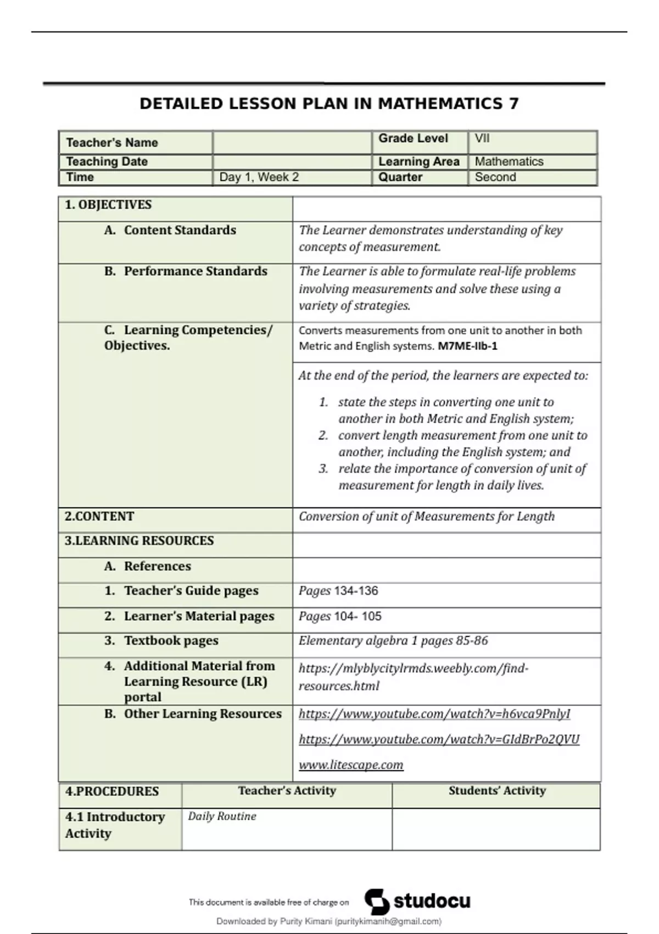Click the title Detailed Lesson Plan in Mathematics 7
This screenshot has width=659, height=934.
(329, 103)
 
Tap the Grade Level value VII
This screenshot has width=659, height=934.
(482, 138)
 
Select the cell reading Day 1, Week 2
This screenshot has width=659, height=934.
(259, 177)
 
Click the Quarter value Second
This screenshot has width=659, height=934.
(495, 177)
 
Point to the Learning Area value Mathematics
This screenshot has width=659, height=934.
(509, 162)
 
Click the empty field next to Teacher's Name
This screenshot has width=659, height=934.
(292, 143)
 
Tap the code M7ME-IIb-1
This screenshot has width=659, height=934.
(467, 346)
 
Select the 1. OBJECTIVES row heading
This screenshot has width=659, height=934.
(108, 205)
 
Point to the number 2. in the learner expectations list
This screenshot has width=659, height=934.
(323, 436)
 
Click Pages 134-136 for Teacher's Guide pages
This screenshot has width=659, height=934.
(338, 591)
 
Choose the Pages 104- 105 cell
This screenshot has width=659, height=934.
(340, 616)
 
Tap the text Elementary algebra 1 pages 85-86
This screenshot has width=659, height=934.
(393, 641)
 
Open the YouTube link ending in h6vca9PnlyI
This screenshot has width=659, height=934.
(434, 714)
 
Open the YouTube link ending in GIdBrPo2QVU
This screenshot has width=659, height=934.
(439, 740)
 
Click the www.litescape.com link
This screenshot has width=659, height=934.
(351, 765)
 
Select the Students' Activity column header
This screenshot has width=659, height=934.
(496, 791)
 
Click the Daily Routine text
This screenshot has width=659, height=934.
(222, 816)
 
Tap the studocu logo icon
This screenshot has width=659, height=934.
(377, 902)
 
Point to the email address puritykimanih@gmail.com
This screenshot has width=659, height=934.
(388, 921)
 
